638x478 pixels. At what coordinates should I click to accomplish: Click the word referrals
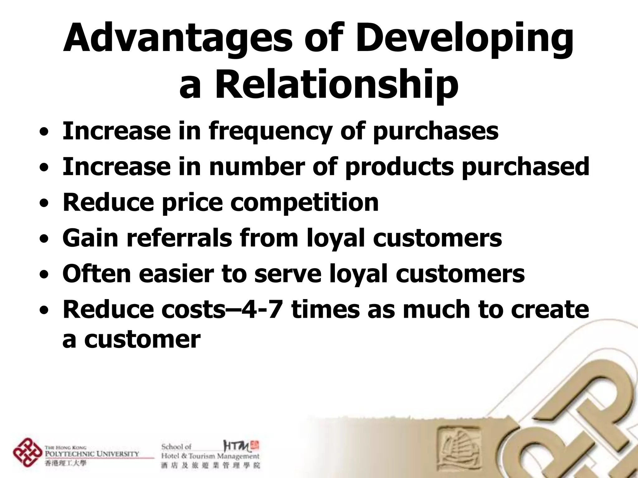coord(179,238)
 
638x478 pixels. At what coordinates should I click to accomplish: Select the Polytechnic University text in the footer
coord(92,454)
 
